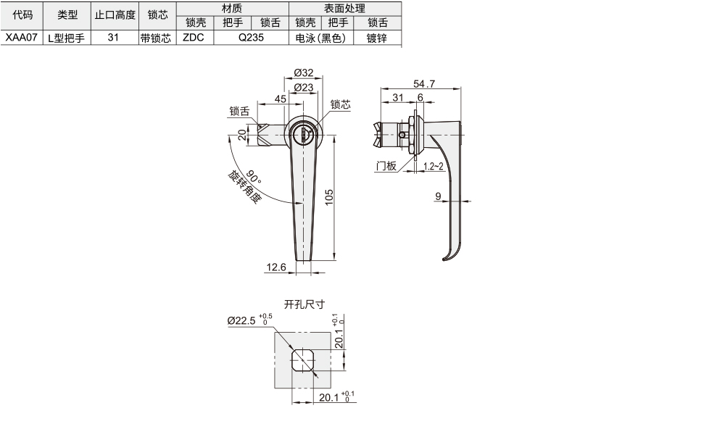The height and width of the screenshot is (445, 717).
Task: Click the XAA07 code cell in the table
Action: point(22,38)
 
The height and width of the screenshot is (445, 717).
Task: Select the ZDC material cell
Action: point(194,38)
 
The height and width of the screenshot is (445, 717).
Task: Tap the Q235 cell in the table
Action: point(251,38)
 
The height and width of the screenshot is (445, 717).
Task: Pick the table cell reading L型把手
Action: point(67,38)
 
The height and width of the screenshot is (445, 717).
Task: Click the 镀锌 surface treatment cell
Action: point(377,38)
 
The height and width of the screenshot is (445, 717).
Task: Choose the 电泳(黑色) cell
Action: point(320,38)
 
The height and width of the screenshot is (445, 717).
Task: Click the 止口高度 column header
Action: point(115,15)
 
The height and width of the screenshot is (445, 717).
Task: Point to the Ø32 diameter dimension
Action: point(304,72)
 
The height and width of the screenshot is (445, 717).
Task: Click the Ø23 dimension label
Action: point(304,88)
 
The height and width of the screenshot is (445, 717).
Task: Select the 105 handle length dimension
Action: point(329,197)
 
